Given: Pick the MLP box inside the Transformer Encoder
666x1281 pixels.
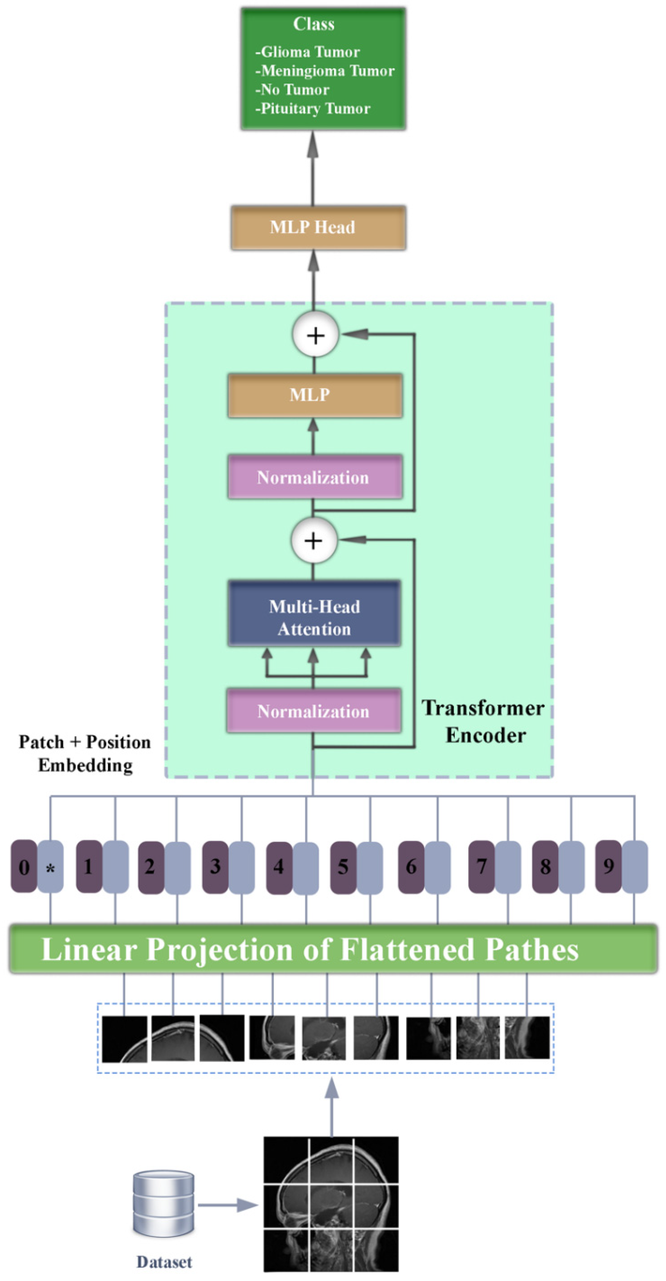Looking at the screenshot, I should tap(315, 395).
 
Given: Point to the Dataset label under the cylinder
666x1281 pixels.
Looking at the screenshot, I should tap(164, 1262).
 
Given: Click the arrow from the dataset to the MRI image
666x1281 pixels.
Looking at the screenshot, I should tap(228, 1205).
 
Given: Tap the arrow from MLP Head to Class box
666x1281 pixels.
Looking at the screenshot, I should tap(313, 169).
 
